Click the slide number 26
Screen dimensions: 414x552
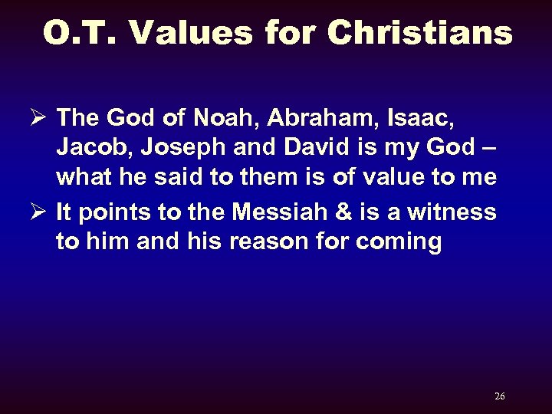pyautogui.click(x=500, y=396)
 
